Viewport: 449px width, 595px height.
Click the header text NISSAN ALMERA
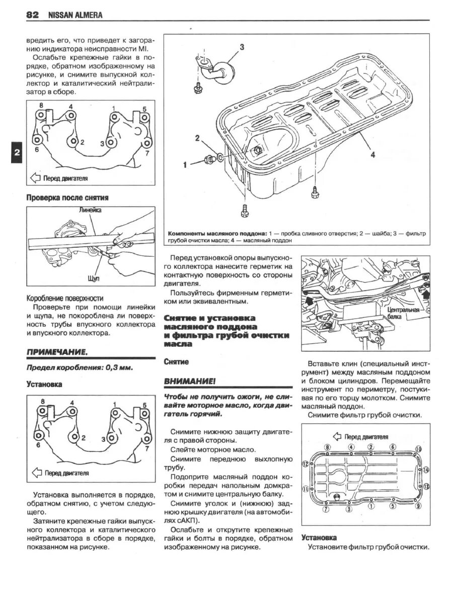[x=76, y=16]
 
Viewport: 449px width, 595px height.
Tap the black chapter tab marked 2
[x=16, y=154]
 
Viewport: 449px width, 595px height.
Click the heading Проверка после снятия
[x=67, y=197]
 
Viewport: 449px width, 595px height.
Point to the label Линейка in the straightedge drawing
[x=91, y=211]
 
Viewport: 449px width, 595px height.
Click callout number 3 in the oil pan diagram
[x=242, y=47]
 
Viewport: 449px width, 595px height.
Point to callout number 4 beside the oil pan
[x=373, y=155]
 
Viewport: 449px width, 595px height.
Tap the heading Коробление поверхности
[x=65, y=298]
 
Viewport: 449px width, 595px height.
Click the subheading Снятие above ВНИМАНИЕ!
[x=176, y=361]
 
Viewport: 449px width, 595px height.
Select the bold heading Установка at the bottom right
[x=319, y=537]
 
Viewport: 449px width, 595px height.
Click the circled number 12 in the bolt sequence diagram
[x=305, y=463]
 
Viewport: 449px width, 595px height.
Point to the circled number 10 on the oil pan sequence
[x=418, y=449]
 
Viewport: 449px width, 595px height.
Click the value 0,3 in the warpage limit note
[x=114, y=367]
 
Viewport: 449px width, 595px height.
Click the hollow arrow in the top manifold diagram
[x=35, y=178]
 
